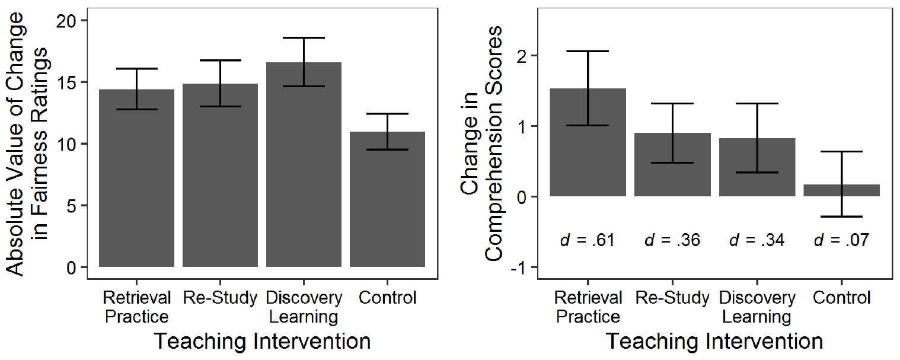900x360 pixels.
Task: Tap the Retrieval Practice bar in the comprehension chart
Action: tap(588, 154)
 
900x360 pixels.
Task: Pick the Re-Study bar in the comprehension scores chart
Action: tap(672, 172)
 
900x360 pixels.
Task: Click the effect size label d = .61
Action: tap(587, 240)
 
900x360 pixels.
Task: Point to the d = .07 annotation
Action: tap(841, 240)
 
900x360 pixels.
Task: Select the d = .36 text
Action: tap(672, 240)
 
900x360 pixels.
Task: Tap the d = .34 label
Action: tap(757, 240)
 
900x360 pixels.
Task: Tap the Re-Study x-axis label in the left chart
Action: tap(220, 298)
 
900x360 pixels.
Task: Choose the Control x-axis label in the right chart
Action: tap(841, 298)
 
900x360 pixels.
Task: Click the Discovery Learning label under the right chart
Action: tap(757, 307)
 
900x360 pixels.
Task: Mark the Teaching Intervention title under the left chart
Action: tap(262, 342)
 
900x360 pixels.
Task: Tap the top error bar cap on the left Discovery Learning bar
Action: tap(304, 38)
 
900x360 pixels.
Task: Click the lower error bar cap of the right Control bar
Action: tap(841, 216)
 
